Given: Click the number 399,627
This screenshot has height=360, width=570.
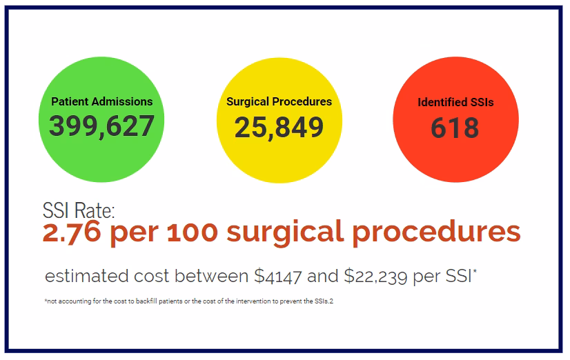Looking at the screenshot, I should point(101,126).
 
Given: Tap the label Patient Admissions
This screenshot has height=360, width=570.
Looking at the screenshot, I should point(101,101).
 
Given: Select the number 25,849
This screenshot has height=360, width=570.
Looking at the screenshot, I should point(279,127).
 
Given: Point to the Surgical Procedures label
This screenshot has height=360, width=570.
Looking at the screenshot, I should point(279,101).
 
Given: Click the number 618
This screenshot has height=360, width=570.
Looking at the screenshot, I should point(455,128).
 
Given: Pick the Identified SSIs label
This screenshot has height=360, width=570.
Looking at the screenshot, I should point(455,103).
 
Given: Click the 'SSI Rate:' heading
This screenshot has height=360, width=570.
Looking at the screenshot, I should point(78,210).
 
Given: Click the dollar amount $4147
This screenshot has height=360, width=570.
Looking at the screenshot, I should point(279,277).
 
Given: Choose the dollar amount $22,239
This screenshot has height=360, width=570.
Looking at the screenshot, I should point(370,277).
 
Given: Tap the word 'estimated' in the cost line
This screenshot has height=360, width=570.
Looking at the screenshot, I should point(88,277).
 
